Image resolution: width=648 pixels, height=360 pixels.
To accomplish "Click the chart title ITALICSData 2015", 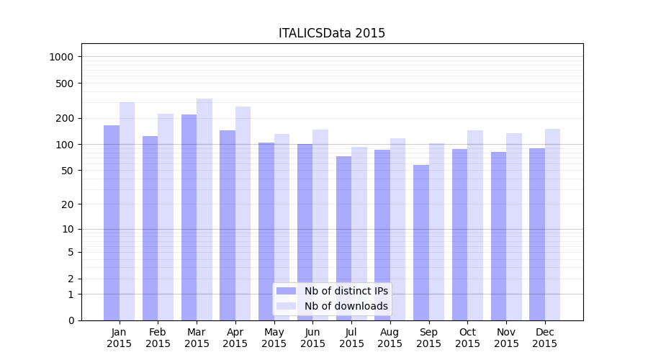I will [x=332, y=33].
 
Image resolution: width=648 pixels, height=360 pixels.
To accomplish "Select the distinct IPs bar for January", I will [x=112, y=222].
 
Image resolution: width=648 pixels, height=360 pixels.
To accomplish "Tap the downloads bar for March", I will [x=204, y=210].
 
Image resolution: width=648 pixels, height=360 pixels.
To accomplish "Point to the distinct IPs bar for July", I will [x=343, y=238].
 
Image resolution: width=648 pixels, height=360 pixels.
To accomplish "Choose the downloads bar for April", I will [x=243, y=213].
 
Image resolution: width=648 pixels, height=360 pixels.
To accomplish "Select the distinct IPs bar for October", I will [x=459, y=235].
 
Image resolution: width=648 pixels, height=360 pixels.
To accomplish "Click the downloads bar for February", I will [x=166, y=217].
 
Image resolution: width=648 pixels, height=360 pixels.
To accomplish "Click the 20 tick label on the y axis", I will [x=67, y=204].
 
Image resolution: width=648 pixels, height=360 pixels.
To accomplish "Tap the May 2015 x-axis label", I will [x=274, y=338].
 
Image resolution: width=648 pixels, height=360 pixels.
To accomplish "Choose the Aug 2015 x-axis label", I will [x=390, y=338].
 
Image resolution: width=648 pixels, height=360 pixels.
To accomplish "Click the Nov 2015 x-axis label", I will [x=506, y=338].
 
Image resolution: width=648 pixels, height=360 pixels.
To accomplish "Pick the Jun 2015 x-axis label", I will [x=312, y=338].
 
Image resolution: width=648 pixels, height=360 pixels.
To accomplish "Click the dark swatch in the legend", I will [x=286, y=291].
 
